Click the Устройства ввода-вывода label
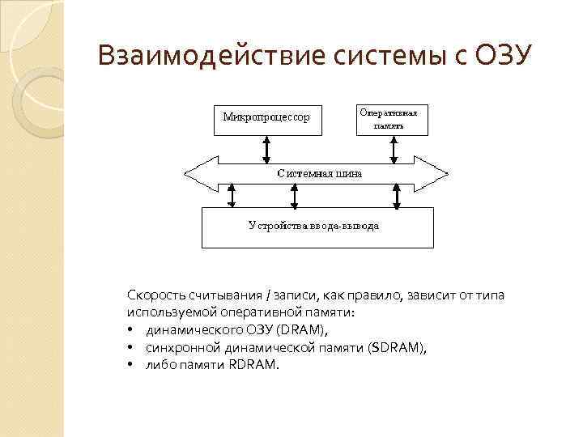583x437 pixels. [313, 226]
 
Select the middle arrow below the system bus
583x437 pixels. [292, 195]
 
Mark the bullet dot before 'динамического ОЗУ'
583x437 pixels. [130, 330]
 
